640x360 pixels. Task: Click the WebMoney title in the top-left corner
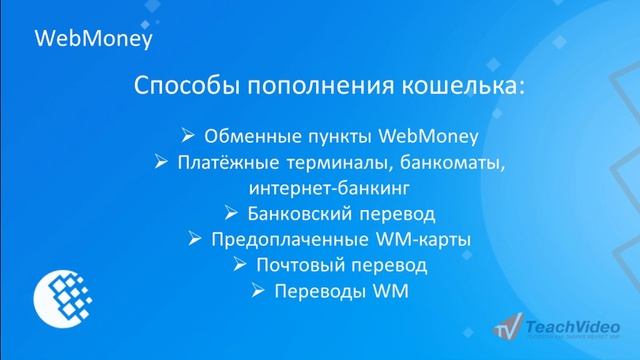click(92, 39)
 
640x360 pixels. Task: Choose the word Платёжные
click(223, 161)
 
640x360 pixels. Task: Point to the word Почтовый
click(304, 265)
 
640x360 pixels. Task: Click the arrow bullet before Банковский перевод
click(229, 213)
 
